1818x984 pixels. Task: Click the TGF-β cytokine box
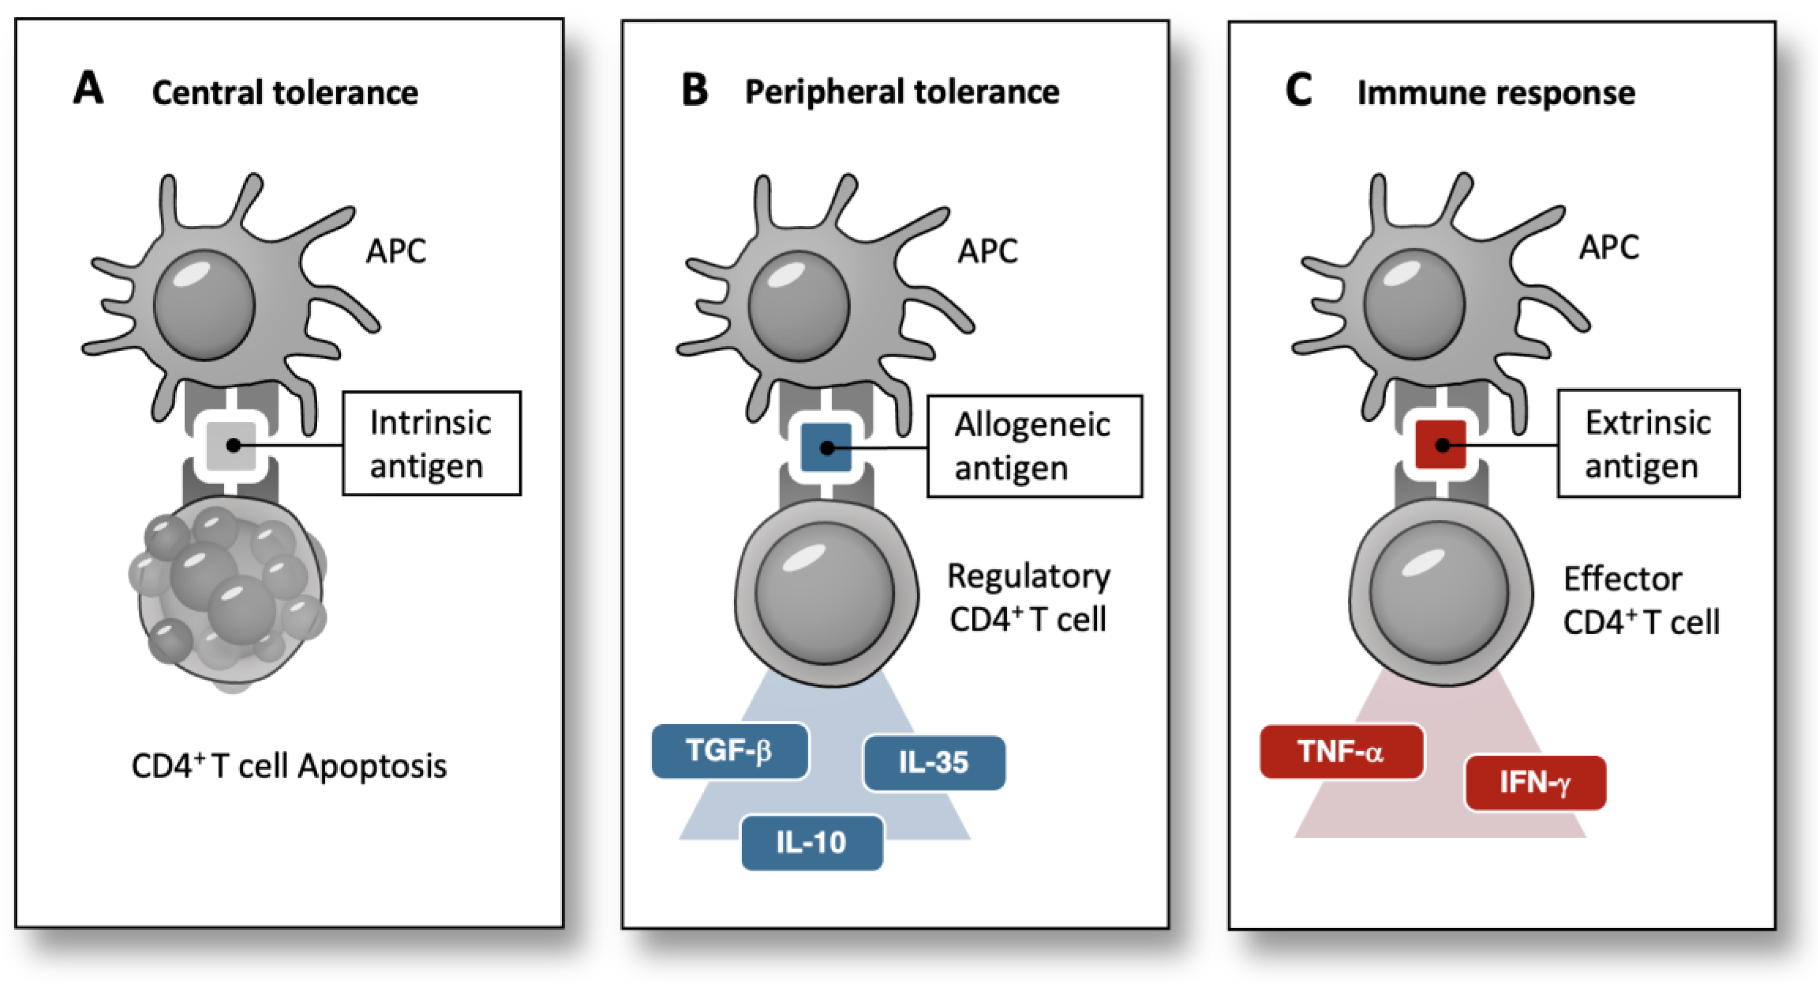729,750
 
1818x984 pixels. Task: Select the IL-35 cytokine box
934,762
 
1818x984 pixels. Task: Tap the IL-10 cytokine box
812,842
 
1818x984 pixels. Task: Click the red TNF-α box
1341,751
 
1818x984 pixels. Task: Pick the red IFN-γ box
1535,782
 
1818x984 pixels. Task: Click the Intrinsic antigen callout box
431,443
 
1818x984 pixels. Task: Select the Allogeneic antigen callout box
1034,446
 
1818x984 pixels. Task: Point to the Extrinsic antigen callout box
1648,443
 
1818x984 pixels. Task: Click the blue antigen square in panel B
826,447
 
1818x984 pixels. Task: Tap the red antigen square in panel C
1442,445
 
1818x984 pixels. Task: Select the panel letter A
88,89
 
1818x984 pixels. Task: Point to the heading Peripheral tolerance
902,92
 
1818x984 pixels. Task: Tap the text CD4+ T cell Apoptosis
289,766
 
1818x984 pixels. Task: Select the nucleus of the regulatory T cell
824,593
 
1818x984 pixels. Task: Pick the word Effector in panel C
1622,579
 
